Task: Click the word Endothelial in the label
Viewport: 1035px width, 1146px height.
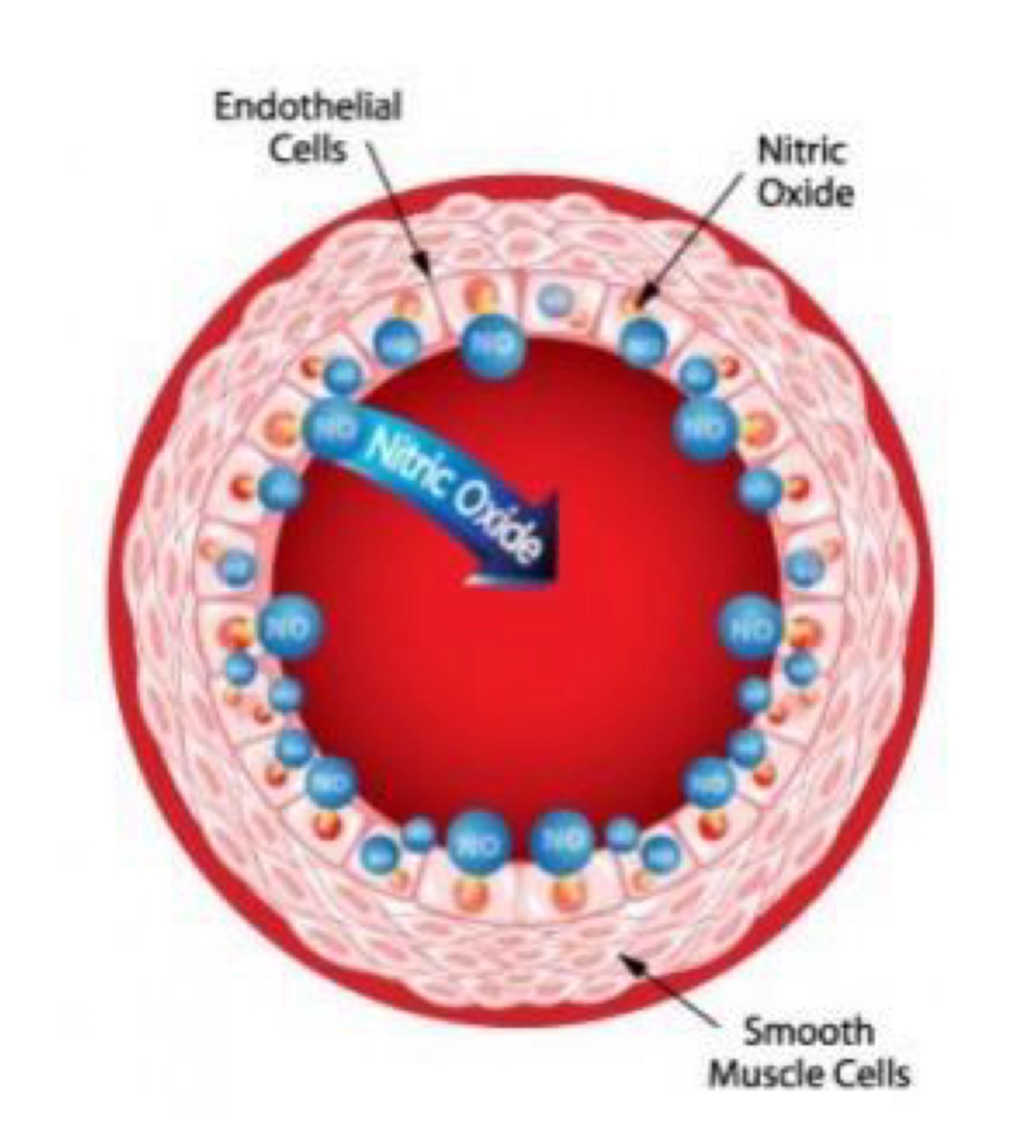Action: pos(308,107)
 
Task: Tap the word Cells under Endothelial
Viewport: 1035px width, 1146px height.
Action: pos(308,149)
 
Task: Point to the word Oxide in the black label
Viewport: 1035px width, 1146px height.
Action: pos(805,193)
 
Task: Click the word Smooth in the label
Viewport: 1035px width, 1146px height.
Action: pos(808,1032)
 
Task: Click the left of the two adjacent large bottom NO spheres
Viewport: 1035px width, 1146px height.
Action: pos(479,842)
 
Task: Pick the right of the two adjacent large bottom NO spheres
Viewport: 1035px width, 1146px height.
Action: pos(562,840)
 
